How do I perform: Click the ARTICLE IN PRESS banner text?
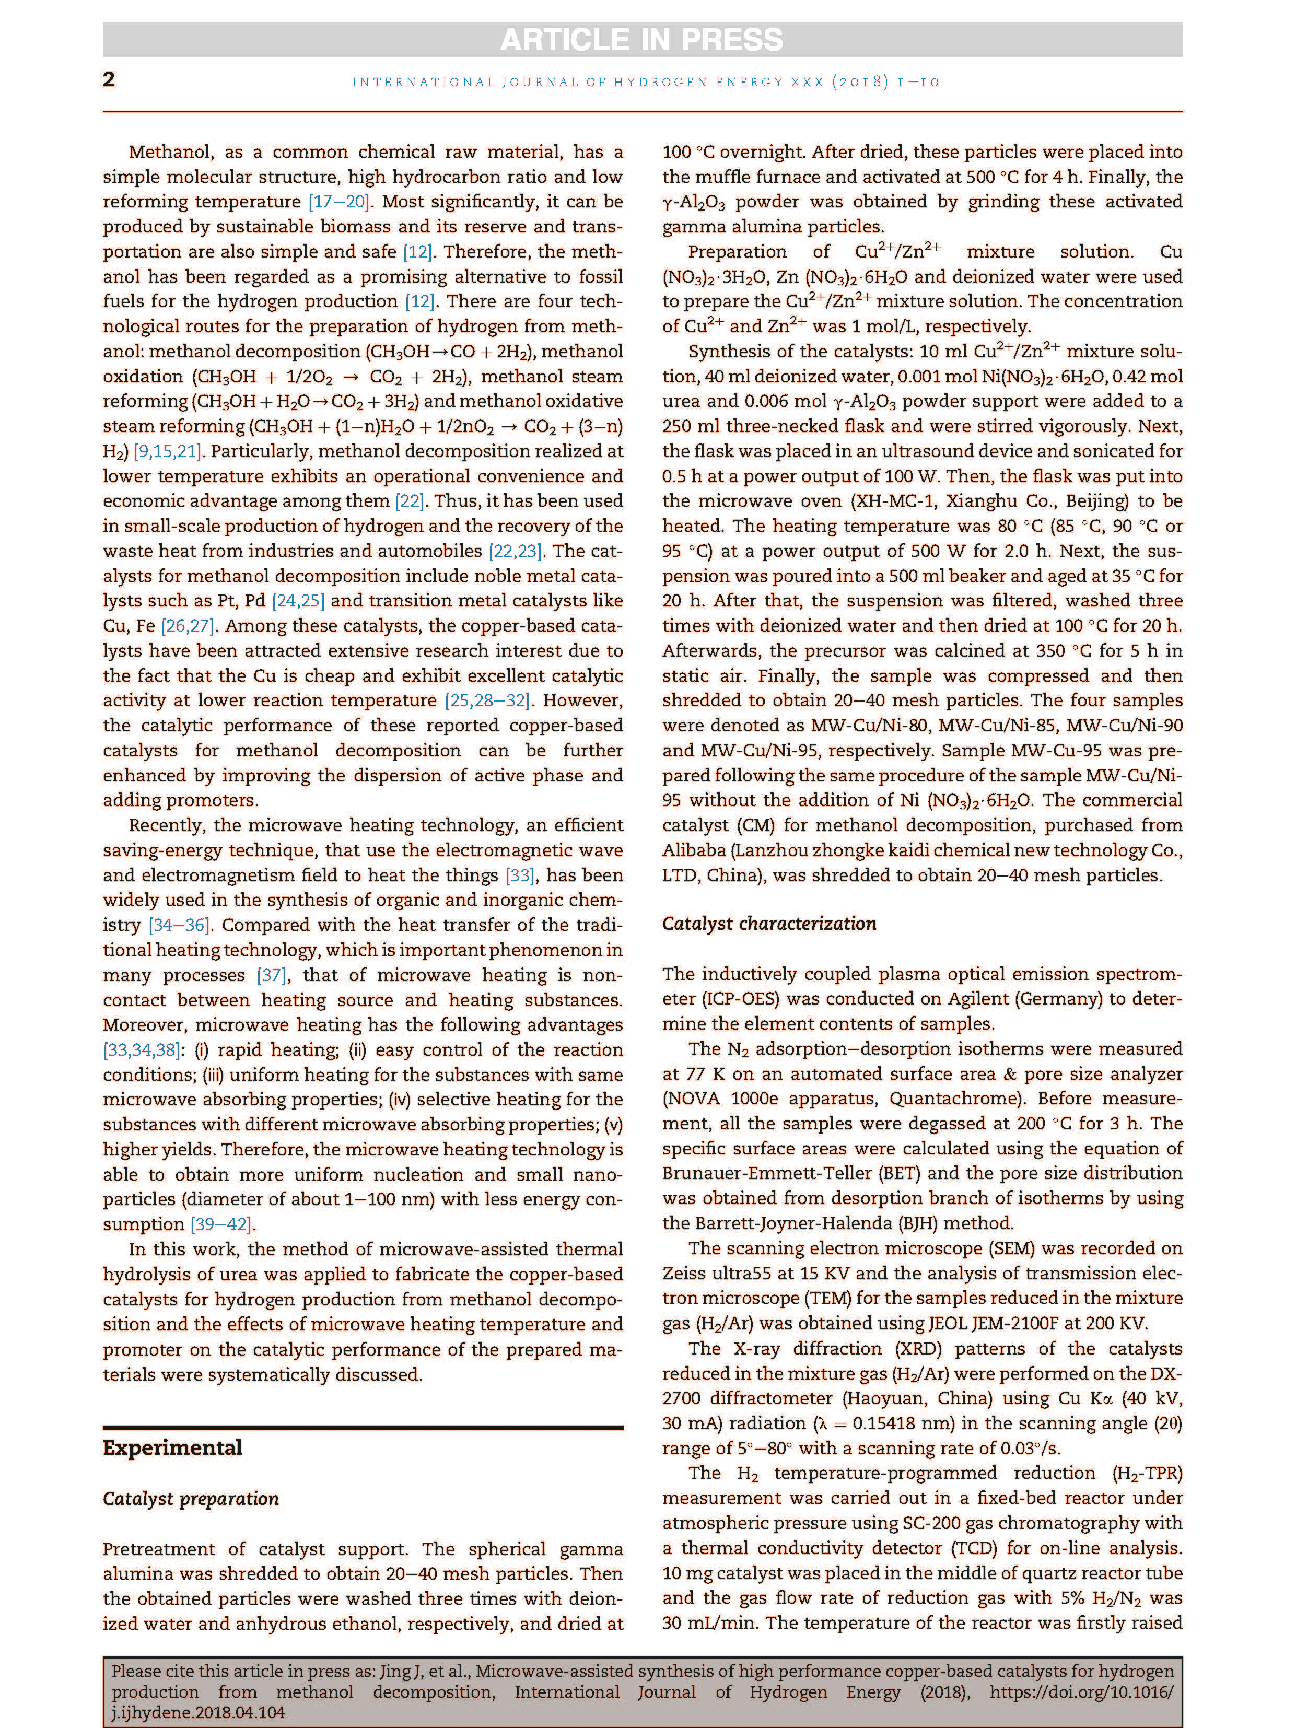click(x=641, y=40)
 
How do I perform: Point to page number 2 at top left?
click(x=109, y=80)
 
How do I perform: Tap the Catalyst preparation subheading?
click(x=191, y=1498)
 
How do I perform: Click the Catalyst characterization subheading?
click(x=769, y=924)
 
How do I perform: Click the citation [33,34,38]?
click(x=142, y=1050)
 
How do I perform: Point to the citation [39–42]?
click(x=223, y=1224)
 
